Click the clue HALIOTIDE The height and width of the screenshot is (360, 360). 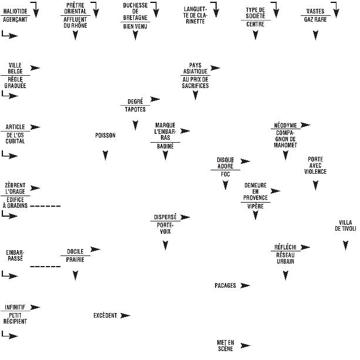click(x=15, y=11)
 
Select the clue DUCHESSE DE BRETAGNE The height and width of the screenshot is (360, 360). click(x=135, y=11)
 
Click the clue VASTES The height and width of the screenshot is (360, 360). click(x=315, y=11)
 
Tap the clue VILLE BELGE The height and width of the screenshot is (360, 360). click(x=15, y=68)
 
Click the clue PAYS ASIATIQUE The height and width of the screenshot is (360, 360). click(x=195, y=68)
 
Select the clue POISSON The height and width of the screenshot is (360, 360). click(x=105, y=136)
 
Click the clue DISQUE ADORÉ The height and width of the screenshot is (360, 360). click(x=225, y=163)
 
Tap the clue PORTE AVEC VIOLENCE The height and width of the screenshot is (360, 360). click(x=315, y=166)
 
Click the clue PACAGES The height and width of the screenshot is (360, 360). click(x=225, y=286)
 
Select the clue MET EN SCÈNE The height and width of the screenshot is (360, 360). click(x=225, y=345)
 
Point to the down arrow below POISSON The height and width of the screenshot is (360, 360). click(x=105, y=156)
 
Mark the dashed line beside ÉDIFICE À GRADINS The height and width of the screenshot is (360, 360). click(x=45, y=207)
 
